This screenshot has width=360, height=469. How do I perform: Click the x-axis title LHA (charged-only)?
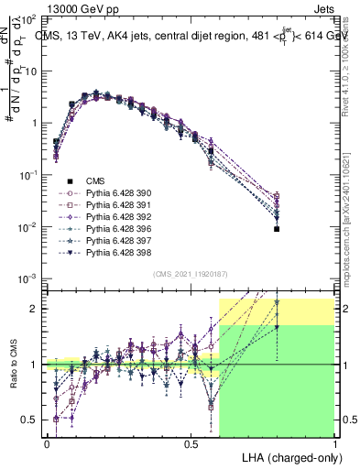click(289, 456)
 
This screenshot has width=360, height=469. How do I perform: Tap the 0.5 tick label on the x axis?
click(191, 443)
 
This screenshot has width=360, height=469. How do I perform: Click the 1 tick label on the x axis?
click(335, 443)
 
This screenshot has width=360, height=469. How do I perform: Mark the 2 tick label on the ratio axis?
click(35, 309)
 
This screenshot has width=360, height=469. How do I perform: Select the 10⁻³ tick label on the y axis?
click(27, 278)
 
